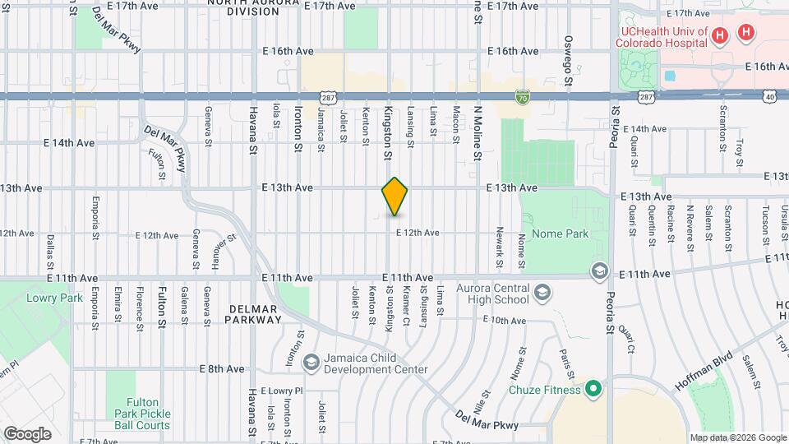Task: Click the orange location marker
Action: (394, 197)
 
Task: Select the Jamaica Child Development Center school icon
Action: (311, 362)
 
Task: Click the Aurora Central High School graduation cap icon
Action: (542, 293)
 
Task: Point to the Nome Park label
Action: (561, 234)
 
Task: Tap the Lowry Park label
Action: (54, 298)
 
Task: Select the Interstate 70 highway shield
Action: (522, 96)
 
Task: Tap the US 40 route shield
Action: (769, 96)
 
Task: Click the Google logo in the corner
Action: (27, 434)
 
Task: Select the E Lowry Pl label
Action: (281, 391)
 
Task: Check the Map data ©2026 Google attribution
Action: (737, 437)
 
